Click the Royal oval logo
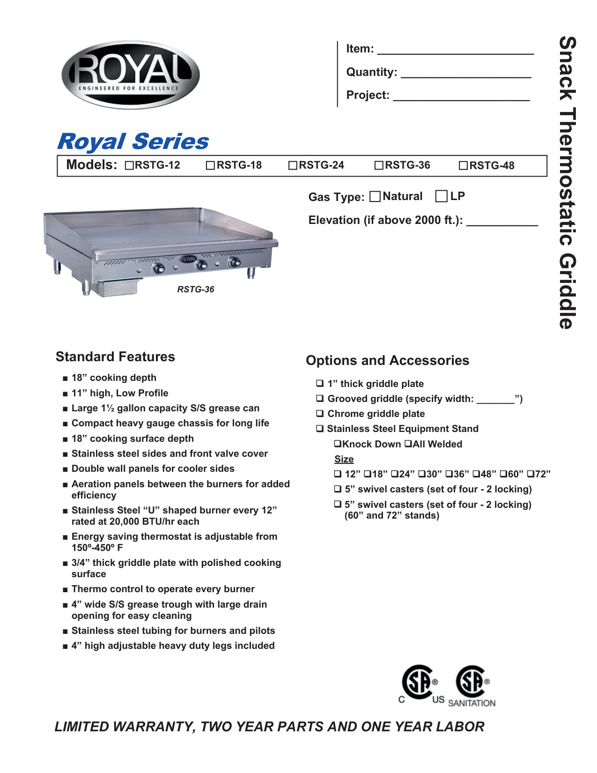(x=131, y=75)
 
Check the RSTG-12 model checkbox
(x=130, y=165)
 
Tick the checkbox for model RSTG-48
(x=464, y=165)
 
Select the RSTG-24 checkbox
(x=293, y=165)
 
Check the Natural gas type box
(x=375, y=196)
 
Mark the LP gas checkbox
(x=441, y=196)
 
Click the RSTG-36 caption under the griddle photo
(x=196, y=290)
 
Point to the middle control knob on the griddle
(x=201, y=265)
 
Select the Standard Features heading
(x=115, y=357)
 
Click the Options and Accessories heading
(x=387, y=360)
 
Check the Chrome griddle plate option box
(x=320, y=414)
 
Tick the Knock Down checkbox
(x=338, y=444)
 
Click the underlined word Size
(x=344, y=459)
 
